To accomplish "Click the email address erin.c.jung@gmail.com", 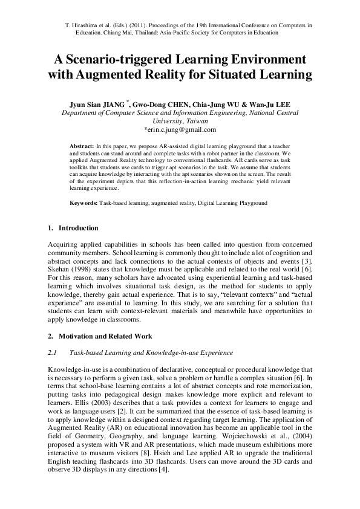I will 180,129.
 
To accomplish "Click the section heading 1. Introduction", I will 73,228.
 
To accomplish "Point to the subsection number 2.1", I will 51,352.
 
